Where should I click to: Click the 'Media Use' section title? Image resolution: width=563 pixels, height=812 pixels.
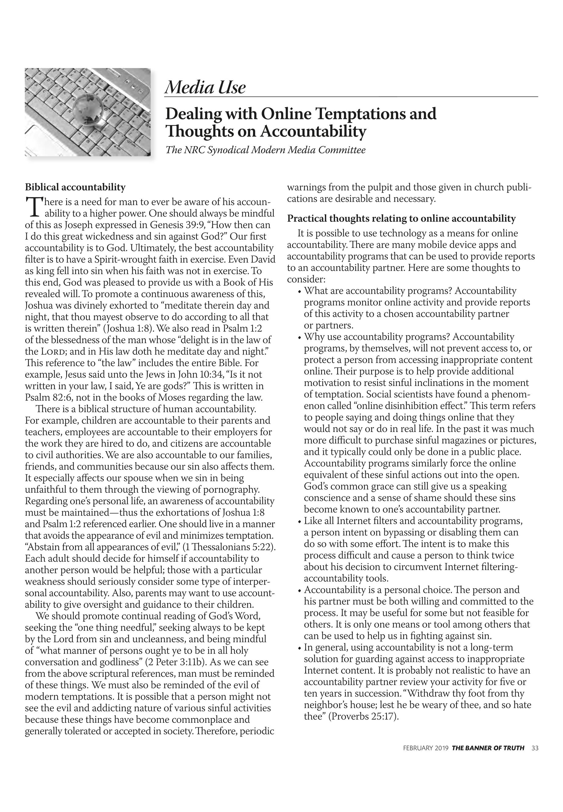pos(205,87)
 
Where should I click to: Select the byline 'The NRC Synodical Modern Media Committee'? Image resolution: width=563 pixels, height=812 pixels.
pos(265,150)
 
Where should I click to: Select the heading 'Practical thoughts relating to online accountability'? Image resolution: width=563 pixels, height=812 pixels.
pos(401,219)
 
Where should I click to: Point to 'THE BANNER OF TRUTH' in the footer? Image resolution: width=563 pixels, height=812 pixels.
pos(488,748)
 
